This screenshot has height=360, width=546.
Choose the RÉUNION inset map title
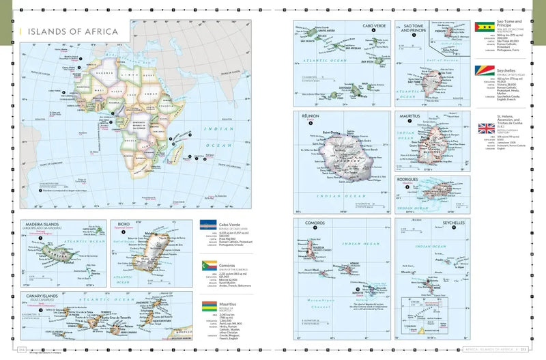pyautogui.click(x=310, y=117)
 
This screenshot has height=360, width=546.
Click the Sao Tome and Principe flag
pyautogui.click(x=483, y=27)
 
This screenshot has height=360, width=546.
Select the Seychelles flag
pyautogui.click(x=483, y=72)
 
